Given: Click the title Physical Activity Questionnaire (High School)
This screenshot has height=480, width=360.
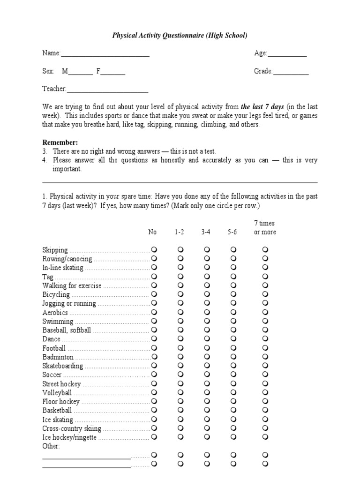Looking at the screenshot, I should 180,36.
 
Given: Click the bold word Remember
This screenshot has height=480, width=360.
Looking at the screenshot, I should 60,142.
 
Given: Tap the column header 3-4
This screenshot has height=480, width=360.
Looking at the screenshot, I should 206,232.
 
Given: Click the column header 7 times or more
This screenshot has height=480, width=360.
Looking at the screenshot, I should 265,228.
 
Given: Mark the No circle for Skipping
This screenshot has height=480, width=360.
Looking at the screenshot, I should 154,250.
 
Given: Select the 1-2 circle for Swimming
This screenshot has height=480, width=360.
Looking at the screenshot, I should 180,322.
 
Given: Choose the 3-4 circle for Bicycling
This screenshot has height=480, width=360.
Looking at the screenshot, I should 207,295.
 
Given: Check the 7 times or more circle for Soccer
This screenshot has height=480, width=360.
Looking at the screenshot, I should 265,375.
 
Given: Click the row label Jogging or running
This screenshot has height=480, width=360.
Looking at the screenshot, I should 69,304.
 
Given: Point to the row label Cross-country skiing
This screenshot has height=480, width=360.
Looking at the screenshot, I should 72,428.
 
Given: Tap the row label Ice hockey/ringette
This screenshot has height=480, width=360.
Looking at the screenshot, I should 69,437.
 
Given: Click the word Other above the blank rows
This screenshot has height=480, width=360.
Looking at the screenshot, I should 51,446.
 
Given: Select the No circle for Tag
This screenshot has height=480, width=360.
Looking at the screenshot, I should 154,277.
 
